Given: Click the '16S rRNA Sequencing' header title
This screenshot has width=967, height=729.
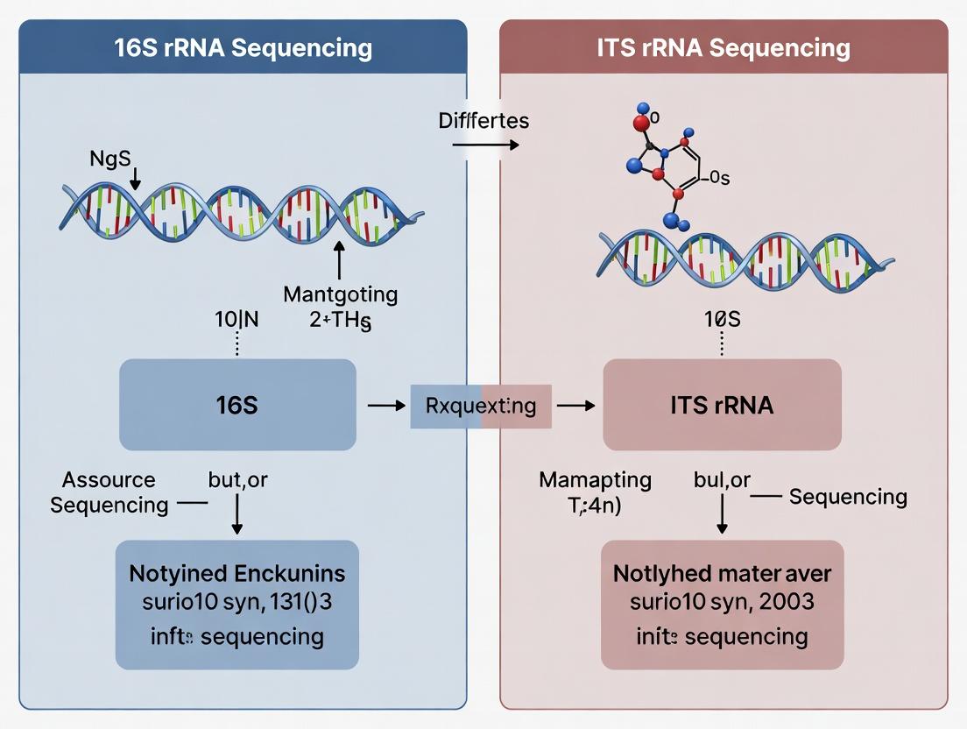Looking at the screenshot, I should pyautogui.click(x=243, y=47).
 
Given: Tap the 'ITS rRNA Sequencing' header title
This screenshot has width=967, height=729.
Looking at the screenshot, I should pyautogui.click(x=723, y=47).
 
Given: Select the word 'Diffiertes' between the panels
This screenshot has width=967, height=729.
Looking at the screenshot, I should pyautogui.click(x=483, y=120).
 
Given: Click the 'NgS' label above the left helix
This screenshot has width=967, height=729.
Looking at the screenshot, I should pyautogui.click(x=109, y=159).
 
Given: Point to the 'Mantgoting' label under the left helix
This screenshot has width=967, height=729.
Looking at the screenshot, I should pyautogui.click(x=340, y=294).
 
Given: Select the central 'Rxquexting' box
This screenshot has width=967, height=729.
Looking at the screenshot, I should pyautogui.click(x=481, y=406).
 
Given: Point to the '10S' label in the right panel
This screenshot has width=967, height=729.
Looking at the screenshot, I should pyautogui.click(x=722, y=320).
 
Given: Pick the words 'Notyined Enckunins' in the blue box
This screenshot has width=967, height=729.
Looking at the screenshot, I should pyautogui.click(x=236, y=574).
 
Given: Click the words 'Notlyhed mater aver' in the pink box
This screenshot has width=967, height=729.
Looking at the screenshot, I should pyautogui.click(x=722, y=574).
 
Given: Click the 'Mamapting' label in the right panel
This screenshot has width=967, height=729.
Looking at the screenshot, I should pyautogui.click(x=595, y=480).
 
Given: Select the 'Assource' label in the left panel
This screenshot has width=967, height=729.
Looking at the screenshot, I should pyautogui.click(x=109, y=480).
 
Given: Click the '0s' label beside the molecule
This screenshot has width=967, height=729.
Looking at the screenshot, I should pyautogui.click(x=718, y=179).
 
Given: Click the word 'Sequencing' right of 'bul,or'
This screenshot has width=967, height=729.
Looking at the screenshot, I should pyautogui.click(x=847, y=498).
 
